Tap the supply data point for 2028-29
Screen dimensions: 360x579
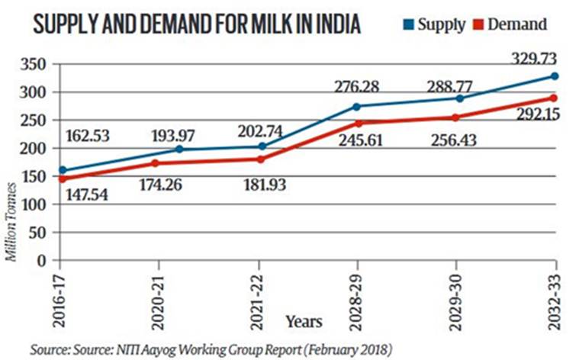click(x=356, y=106)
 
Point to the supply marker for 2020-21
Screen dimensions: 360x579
click(x=156, y=149)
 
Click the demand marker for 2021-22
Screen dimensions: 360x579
click(x=260, y=159)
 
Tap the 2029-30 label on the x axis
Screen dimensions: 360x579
click(x=456, y=298)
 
